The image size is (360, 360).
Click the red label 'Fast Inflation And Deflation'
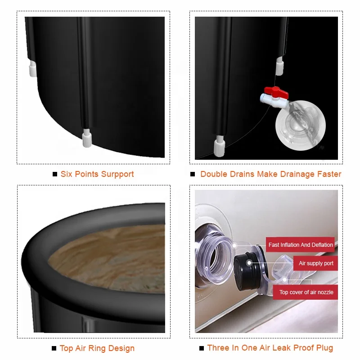coord(301,245)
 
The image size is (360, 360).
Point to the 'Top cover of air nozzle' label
coord(306,292)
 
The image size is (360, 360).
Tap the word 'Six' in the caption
coord(66,174)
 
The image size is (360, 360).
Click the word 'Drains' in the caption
coord(241,174)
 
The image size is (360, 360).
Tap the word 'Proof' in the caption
coord(302,348)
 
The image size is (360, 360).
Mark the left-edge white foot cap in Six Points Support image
coord(32,69)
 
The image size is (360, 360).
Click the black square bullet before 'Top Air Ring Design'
coord(54,348)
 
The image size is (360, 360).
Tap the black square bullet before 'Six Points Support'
coord(55,174)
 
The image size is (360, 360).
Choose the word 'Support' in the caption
coord(119,174)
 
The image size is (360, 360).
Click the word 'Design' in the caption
coord(121,348)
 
